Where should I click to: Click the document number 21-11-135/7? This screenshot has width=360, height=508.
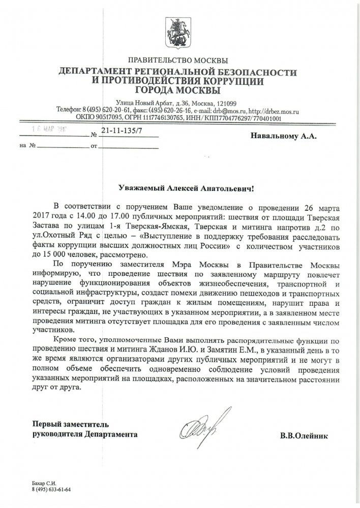[x=123, y=132]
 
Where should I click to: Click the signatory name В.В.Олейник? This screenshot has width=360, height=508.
[x=304, y=435]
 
